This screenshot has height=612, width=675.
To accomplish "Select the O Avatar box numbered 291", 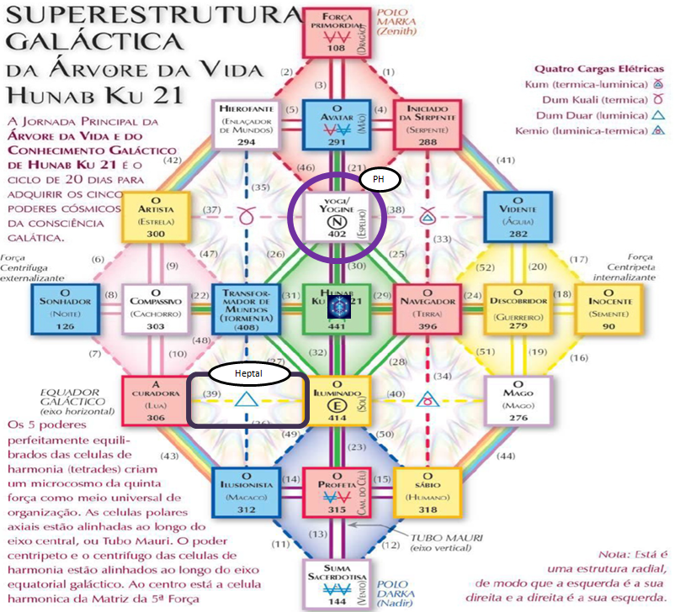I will point(337,124).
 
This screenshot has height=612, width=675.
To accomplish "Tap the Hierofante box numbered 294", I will point(247,124).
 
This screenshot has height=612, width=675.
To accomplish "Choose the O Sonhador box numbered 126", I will point(66,309).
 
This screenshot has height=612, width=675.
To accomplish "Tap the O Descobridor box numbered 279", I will point(519,309).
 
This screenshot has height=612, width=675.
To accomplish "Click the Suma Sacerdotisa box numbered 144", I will point(337,583).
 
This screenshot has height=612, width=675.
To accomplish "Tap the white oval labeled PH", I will point(379,179).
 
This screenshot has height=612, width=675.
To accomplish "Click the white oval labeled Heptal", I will point(250,371).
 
